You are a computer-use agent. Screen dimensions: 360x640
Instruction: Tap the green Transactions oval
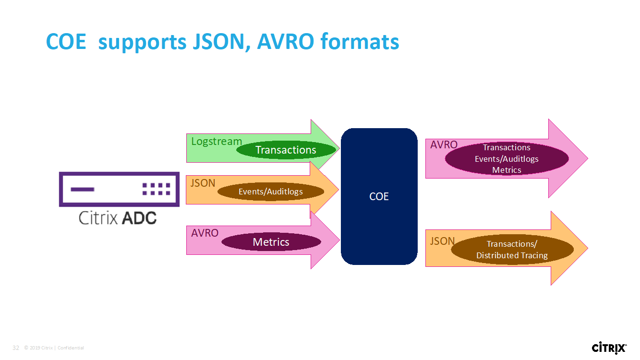click(x=286, y=150)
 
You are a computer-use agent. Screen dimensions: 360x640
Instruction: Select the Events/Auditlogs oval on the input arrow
click(x=271, y=192)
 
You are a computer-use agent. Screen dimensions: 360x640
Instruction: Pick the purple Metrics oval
click(x=271, y=242)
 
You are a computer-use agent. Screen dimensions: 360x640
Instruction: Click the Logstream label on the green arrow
click(x=217, y=142)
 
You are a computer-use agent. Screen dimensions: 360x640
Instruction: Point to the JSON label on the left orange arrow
click(x=203, y=183)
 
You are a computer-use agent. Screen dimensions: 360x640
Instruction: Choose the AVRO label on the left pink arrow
click(x=205, y=233)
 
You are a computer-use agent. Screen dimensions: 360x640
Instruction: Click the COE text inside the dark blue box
click(x=379, y=196)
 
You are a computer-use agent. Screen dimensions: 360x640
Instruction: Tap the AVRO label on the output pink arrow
click(x=444, y=144)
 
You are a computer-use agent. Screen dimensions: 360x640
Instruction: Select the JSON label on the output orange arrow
click(x=442, y=241)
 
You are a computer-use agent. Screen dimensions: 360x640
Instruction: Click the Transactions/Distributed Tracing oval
click(x=512, y=250)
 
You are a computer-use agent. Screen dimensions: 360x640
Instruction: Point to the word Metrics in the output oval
click(x=507, y=170)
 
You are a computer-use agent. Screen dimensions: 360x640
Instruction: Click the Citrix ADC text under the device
click(x=118, y=218)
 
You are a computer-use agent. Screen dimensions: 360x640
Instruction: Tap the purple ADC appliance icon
click(x=119, y=189)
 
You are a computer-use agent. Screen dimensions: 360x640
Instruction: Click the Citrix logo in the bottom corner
click(x=609, y=348)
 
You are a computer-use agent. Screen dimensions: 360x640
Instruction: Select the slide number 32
click(x=16, y=348)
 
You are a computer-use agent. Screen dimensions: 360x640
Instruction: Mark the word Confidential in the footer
click(x=71, y=348)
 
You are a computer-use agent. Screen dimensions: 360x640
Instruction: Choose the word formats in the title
click(x=360, y=42)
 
